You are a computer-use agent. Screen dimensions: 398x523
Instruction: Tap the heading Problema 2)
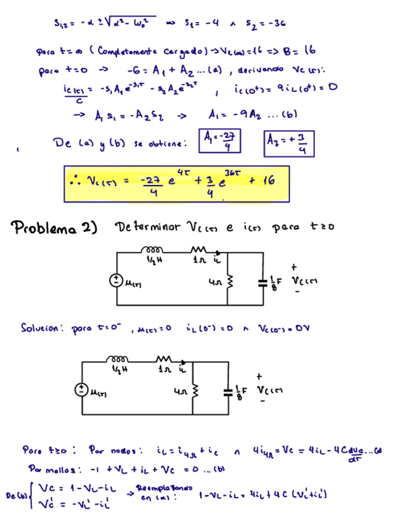(x=55, y=228)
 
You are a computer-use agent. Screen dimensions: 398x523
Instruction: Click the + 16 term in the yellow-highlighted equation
(x=262, y=181)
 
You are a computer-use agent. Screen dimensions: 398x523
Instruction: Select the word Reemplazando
(x=164, y=487)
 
